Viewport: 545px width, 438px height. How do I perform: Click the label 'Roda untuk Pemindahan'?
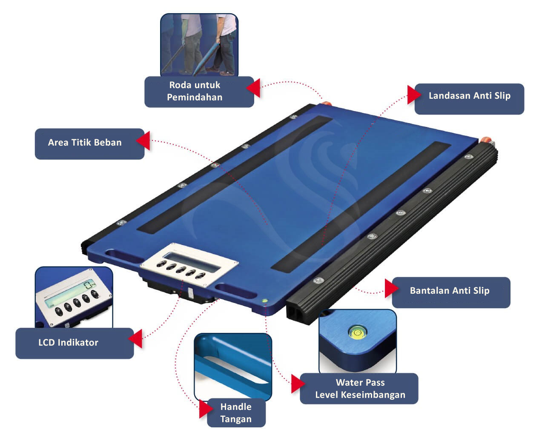[195, 91]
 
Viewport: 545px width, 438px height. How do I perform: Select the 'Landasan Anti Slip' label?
[470, 96]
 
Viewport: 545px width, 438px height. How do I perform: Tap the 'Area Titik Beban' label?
[85, 143]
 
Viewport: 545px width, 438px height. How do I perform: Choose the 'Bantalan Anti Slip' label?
[450, 291]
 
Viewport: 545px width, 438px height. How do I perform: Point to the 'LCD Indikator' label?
[68, 343]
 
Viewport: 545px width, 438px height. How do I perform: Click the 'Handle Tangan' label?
[236, 413]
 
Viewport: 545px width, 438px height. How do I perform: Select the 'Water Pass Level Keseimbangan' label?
[360, 389]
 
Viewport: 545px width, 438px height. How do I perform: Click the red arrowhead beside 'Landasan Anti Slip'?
[414, 95]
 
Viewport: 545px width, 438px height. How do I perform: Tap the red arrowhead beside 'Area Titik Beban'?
[143, 140]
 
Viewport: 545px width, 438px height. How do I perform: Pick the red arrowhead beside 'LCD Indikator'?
[135, 339]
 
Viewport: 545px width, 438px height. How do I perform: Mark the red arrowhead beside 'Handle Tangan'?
[206, 409]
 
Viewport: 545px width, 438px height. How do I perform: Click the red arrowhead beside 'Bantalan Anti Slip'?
[392, 289]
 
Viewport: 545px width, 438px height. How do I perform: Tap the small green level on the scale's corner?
[265, 301]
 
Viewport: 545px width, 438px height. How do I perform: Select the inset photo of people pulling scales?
[199, 45]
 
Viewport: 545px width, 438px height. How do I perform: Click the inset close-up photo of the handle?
[233, 366]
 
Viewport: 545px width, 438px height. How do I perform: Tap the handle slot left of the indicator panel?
[123, 256]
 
